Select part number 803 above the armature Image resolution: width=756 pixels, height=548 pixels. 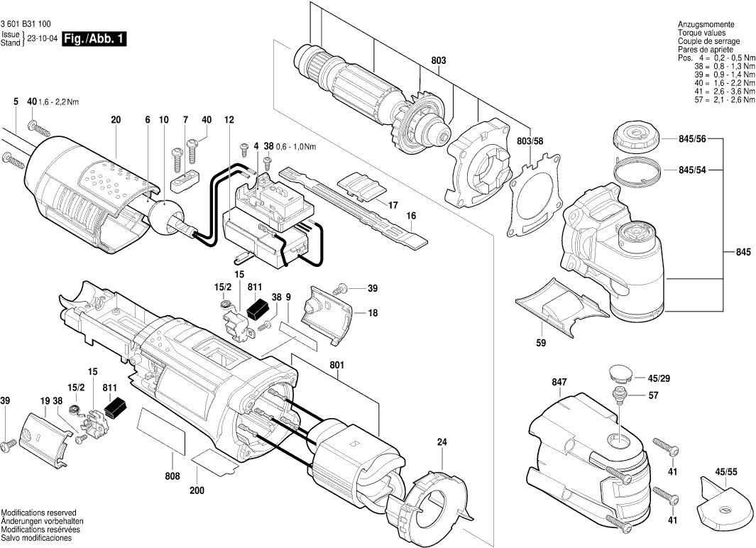438,60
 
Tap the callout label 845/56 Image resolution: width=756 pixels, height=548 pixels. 692,139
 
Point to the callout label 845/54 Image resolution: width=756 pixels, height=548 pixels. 692,170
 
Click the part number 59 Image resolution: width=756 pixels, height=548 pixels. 541,343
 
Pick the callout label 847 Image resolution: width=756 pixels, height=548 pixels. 559,383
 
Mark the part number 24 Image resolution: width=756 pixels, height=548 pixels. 442,442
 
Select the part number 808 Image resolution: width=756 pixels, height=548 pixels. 172,476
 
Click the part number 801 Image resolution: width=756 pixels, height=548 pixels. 336,366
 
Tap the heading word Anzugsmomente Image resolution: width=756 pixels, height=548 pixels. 703,25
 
